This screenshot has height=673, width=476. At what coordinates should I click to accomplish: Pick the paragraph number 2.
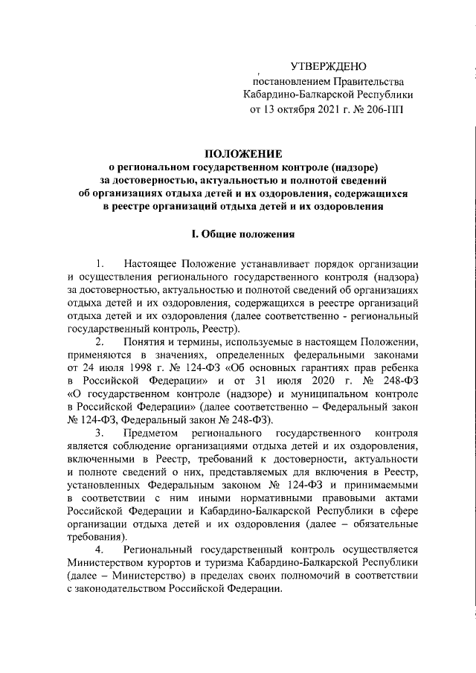click(x=100, y=341)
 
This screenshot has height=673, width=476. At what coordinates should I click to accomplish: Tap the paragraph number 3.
click(x=100, y=432)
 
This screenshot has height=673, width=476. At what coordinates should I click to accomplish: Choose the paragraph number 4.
click(x=100, y=549)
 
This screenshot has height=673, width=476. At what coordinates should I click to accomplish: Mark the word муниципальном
click(x=332, y=393)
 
